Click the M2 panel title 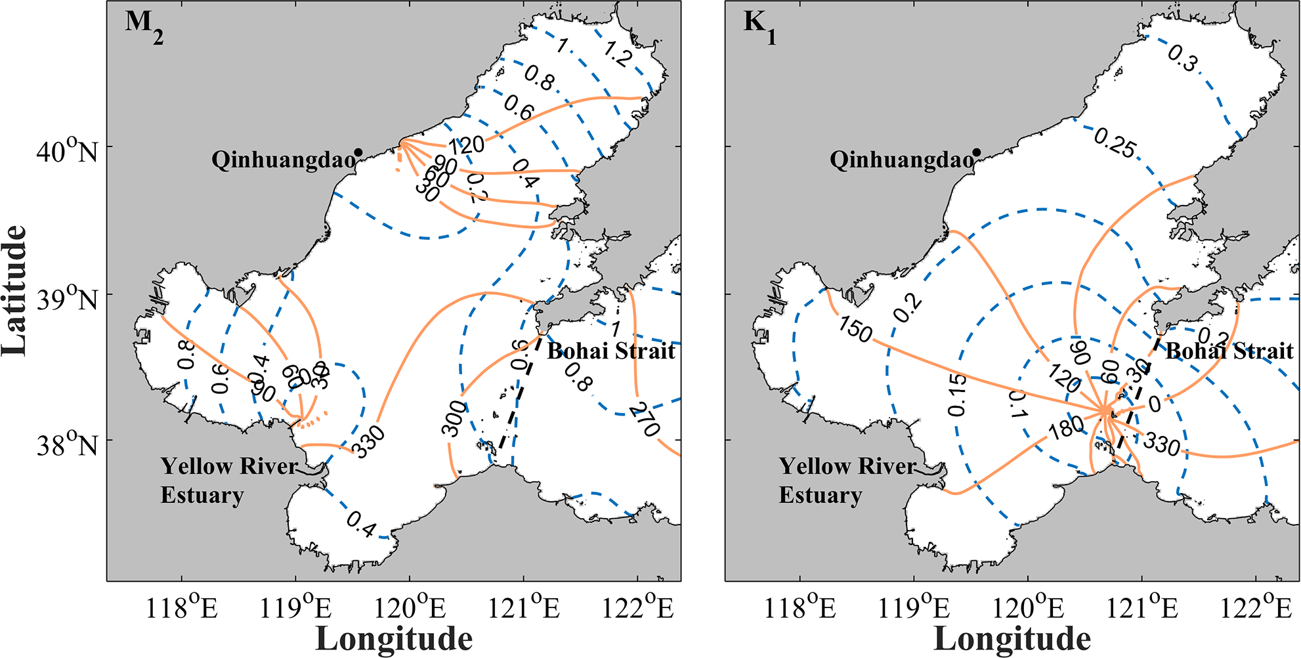144,27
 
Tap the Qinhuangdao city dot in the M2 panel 358,152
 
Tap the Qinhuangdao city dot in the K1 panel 977,152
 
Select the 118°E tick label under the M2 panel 181,608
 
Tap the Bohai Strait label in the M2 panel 611,351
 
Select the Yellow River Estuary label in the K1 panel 847,480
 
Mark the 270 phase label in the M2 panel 644,420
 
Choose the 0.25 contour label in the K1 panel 1115,144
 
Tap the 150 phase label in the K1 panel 855,328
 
